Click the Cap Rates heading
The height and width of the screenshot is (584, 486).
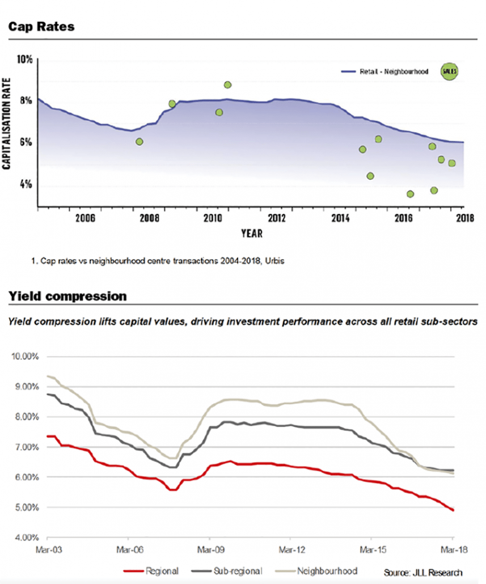41,27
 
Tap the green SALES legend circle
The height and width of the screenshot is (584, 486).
450,71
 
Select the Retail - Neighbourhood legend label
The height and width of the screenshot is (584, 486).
394,71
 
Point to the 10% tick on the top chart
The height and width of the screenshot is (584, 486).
24,59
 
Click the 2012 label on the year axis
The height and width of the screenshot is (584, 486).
277,218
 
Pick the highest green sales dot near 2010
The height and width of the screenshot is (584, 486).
227,85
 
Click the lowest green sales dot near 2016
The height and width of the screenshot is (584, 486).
411,194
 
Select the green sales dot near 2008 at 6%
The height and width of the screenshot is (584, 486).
140,142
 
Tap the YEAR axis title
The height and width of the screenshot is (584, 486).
252,234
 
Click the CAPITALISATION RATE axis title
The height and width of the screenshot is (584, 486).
6,124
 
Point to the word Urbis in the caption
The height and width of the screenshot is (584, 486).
275,261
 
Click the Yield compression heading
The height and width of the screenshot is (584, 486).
67,296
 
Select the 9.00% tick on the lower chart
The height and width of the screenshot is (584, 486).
27,387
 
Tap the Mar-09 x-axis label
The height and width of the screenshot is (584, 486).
211,549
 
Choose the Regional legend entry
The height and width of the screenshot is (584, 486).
151,571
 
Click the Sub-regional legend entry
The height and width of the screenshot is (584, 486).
227,571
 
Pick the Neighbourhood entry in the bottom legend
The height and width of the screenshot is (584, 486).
316,571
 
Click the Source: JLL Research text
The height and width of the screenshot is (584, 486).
423,573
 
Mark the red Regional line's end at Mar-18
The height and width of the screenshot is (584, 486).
453,510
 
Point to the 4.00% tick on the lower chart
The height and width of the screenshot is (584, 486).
27,538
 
